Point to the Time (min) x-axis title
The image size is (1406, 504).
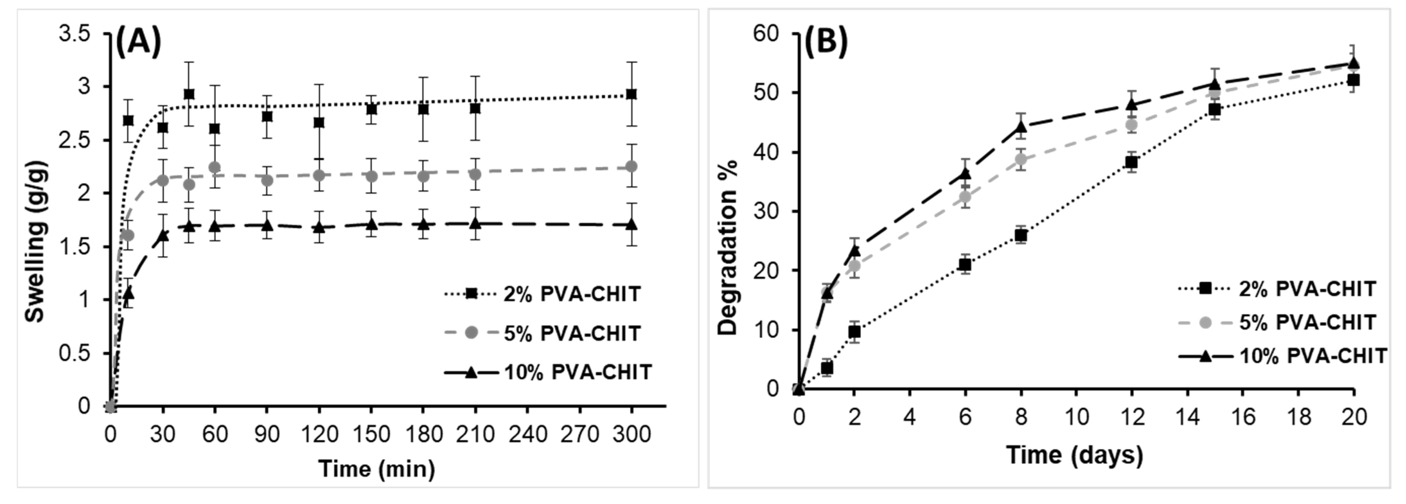377,469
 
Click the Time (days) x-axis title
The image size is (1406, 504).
1074,455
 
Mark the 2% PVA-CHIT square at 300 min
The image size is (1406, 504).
631,94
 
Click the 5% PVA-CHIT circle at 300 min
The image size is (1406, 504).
631,166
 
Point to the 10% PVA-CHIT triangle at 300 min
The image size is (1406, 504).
631,224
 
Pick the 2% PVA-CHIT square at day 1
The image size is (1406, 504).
827,368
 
